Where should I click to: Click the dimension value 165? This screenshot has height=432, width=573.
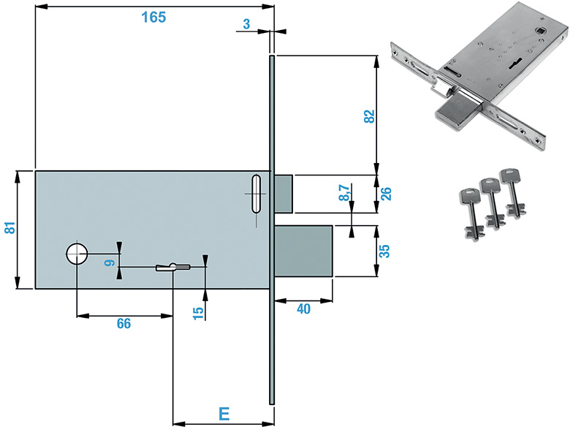[153, 17]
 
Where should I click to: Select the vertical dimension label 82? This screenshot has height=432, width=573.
[369, 115]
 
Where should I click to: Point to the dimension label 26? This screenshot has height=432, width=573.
[387, 194]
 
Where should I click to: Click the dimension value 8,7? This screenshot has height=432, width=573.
[344, 193]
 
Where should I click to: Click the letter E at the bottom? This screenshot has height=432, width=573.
[225, 414]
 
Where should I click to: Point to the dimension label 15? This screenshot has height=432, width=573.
[197, 313]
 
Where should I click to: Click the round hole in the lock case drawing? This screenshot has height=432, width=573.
[77, 254]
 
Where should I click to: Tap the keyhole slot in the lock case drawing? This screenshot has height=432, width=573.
[172, 267]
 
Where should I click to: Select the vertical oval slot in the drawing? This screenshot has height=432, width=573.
[254, 194]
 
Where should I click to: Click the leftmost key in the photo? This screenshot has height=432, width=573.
[470, 213]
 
